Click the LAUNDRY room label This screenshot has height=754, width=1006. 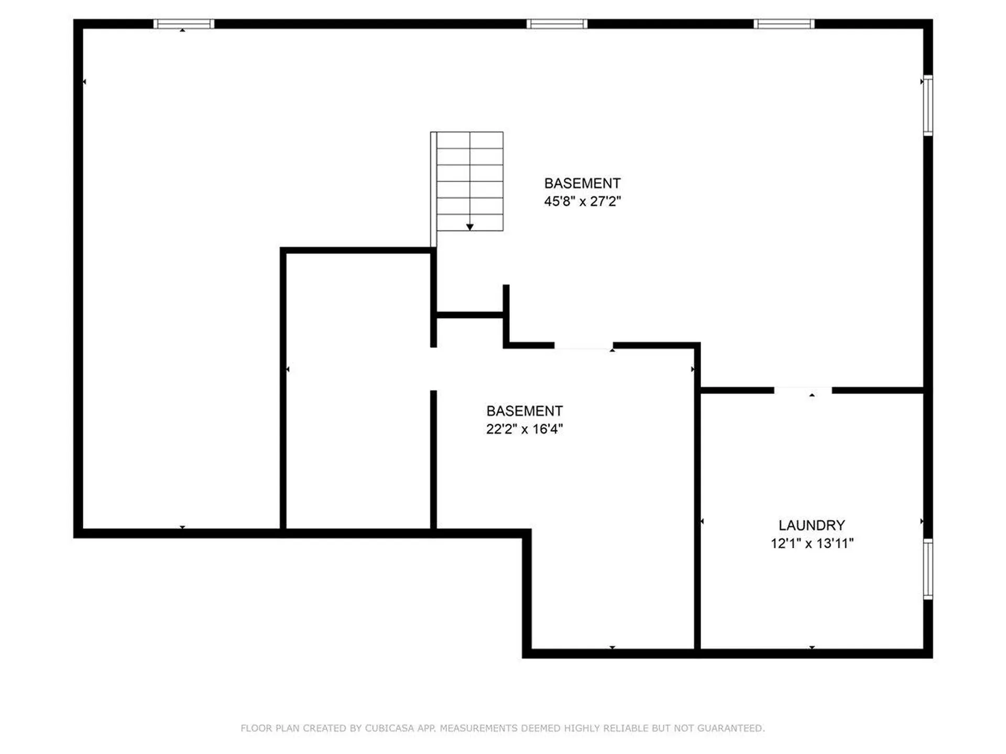click(x=812, y=525)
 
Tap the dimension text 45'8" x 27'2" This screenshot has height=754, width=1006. click(x=582, y=201)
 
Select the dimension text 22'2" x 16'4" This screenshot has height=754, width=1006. click(x=524, y=429)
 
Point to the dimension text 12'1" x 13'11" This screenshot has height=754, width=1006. click(x=812, y=544)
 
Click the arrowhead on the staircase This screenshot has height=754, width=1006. click(x=470, y=227)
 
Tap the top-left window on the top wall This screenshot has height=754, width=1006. click(x=184, y=24)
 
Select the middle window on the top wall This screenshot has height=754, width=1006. click(x=557, y=24)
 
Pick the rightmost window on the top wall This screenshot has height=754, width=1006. click(x=784, y=24)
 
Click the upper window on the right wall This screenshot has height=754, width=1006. click(x=927, y=105)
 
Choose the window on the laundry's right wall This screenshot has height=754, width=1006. click(x=927, y=569)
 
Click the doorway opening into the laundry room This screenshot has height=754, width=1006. click(x=803, y=390)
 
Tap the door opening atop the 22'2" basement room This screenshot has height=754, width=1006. click(x=584, y=346)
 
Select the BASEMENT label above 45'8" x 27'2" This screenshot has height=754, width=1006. click(x=582, y=183)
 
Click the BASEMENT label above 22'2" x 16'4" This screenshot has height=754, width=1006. click(x=524, y=411)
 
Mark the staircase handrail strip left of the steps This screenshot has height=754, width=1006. click(x=433, y=190)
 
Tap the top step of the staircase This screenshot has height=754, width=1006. click(x=470, y=140)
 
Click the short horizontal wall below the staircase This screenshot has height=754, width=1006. click(x=470, y=315)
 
